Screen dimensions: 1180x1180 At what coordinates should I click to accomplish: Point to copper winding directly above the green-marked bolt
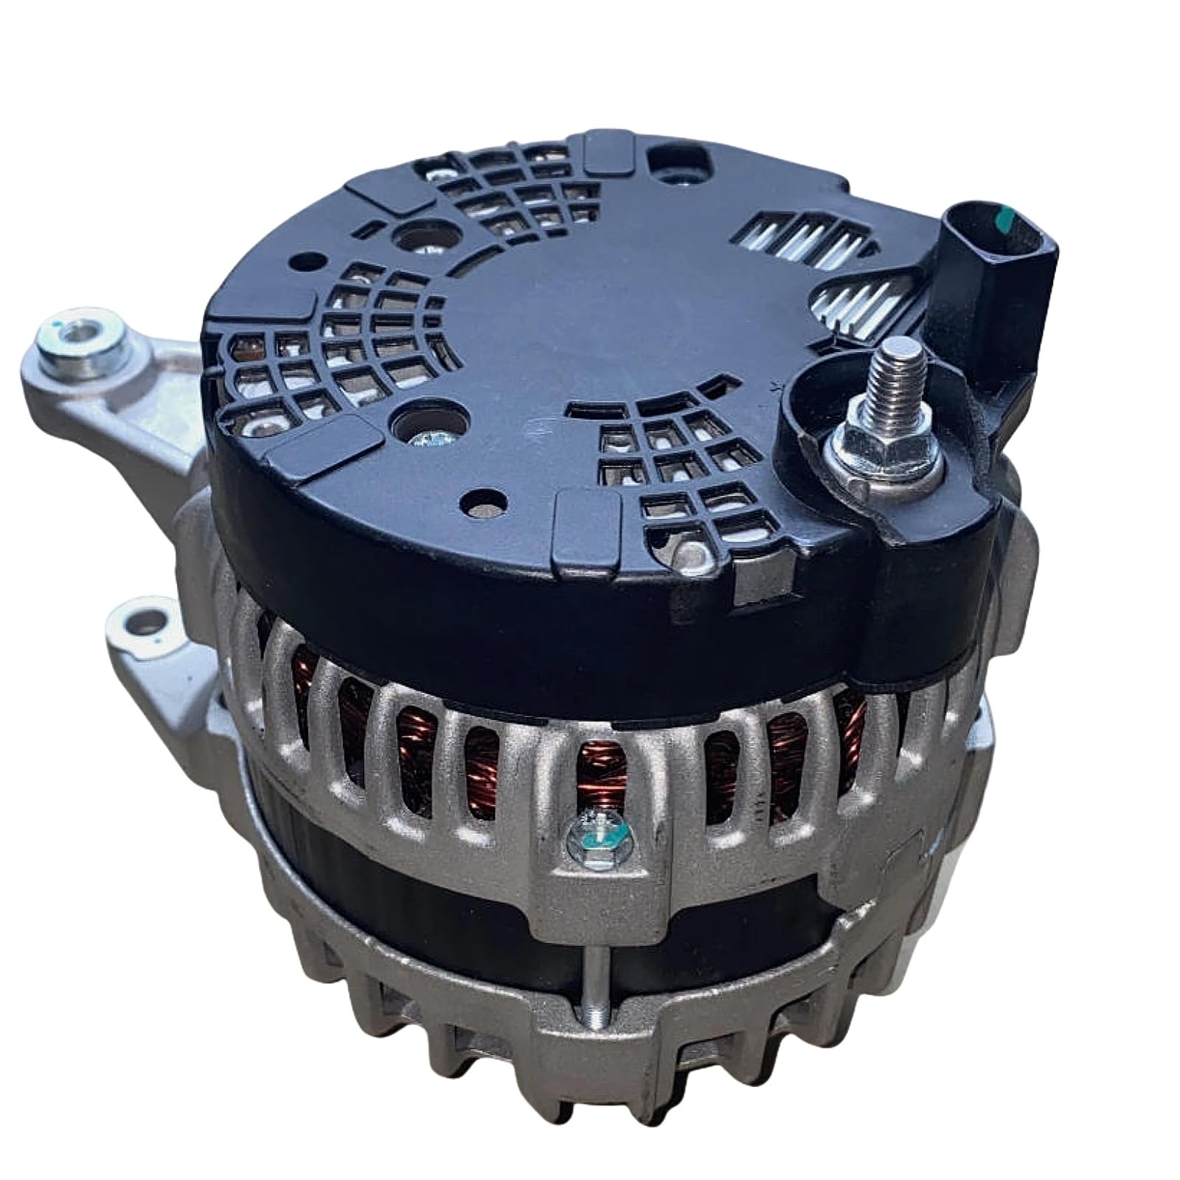click(599, 774)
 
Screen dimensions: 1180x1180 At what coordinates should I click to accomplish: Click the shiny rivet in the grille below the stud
click(689, 552)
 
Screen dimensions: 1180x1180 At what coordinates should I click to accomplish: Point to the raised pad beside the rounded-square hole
click(611, 151)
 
